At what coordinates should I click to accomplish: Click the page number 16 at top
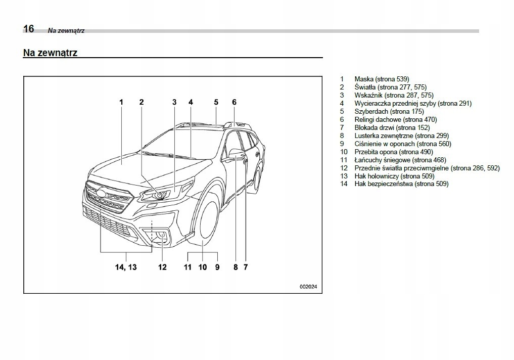[x=28, y=29]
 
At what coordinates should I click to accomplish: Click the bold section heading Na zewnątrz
[x=50, y=52]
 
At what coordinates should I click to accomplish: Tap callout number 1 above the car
[x=121, y=102]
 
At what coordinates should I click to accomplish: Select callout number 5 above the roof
[x=216, y=102]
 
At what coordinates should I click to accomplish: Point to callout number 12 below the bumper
[x=162, y=267]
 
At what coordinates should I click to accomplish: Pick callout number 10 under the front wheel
[x=203, y=267]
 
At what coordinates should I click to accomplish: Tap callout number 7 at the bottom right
[x=246, y=267]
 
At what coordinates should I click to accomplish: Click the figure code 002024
[x=308, y=287]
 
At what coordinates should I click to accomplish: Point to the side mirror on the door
[x=237, y=152]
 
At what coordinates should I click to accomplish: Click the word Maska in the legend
[x=364, y=79]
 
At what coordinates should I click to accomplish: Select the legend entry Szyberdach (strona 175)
[x=389, y=111]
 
